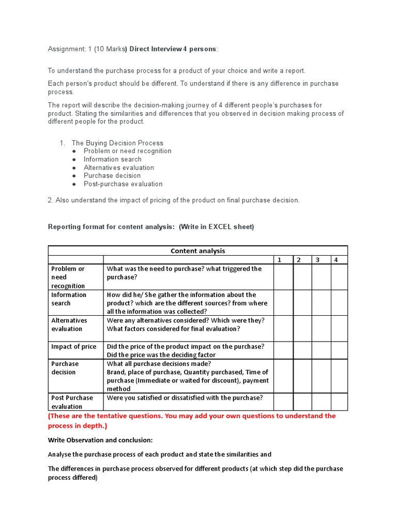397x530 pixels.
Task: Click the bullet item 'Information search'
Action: (x=112, y=159)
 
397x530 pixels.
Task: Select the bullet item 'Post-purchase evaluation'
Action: (x=123, y=184)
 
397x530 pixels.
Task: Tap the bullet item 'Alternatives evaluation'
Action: (x=119, y=168)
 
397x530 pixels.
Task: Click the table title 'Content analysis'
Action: (x=198, y=251)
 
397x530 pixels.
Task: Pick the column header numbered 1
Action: (x=279, y=260)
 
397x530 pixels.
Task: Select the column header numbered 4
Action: (x=336, y=260)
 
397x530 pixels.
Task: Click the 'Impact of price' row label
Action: (x=74, y=347)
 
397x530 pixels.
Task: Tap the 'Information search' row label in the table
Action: (x=69, y=299)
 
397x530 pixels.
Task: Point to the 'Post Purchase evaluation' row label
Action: (x=72, y=402)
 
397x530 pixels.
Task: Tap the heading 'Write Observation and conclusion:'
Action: (x=100, y=440)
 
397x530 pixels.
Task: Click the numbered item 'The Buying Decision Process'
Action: (x=117, y=143)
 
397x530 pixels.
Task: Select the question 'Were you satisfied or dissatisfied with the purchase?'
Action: (x=185, y=398)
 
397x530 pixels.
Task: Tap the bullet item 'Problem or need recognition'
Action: (x=128, y=151)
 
